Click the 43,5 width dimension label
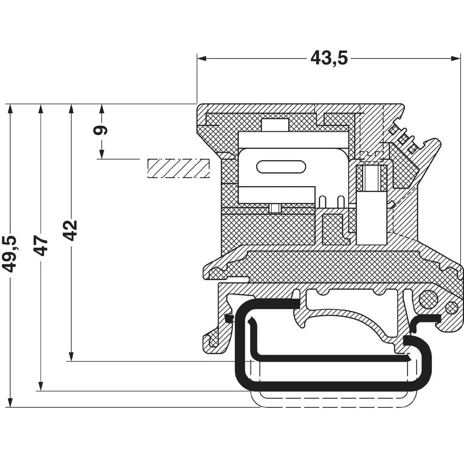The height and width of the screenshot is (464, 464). click(329, 58)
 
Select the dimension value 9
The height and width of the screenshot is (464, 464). click(101, 129)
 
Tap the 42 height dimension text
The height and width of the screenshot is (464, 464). click(71, 230)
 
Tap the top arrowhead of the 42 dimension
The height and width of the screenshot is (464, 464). click(71, 109)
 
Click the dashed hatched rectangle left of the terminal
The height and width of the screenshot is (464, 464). click(178, 168)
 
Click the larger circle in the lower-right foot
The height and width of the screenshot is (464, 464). click(428, 299)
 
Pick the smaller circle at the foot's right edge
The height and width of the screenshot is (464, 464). click(451, 307)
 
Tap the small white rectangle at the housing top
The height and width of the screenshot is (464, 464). click(275, 125)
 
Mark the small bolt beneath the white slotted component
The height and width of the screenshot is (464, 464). click(275, 208)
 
